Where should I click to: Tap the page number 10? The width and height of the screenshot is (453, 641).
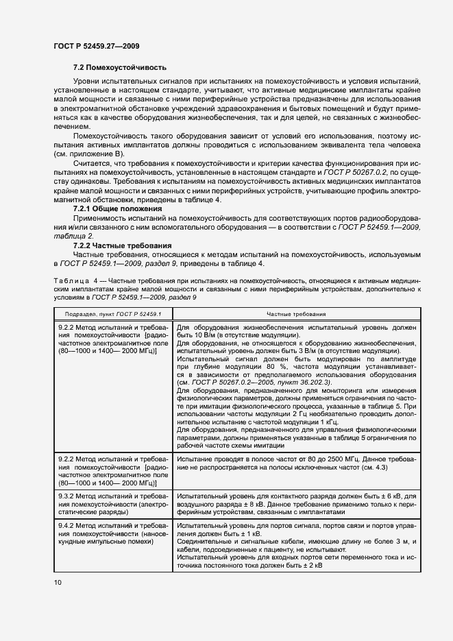point(58,582)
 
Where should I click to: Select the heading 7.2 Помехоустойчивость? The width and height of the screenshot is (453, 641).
point(119,68)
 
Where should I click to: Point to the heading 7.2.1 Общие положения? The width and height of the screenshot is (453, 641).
point(117,208)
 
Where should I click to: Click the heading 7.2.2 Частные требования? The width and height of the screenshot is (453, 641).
point(122,245)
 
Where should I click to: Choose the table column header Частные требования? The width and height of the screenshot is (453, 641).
point(295,313)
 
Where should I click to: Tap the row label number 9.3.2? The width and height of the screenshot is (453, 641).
point(68,495)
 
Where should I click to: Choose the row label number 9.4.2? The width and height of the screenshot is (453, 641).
point(68,524)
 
